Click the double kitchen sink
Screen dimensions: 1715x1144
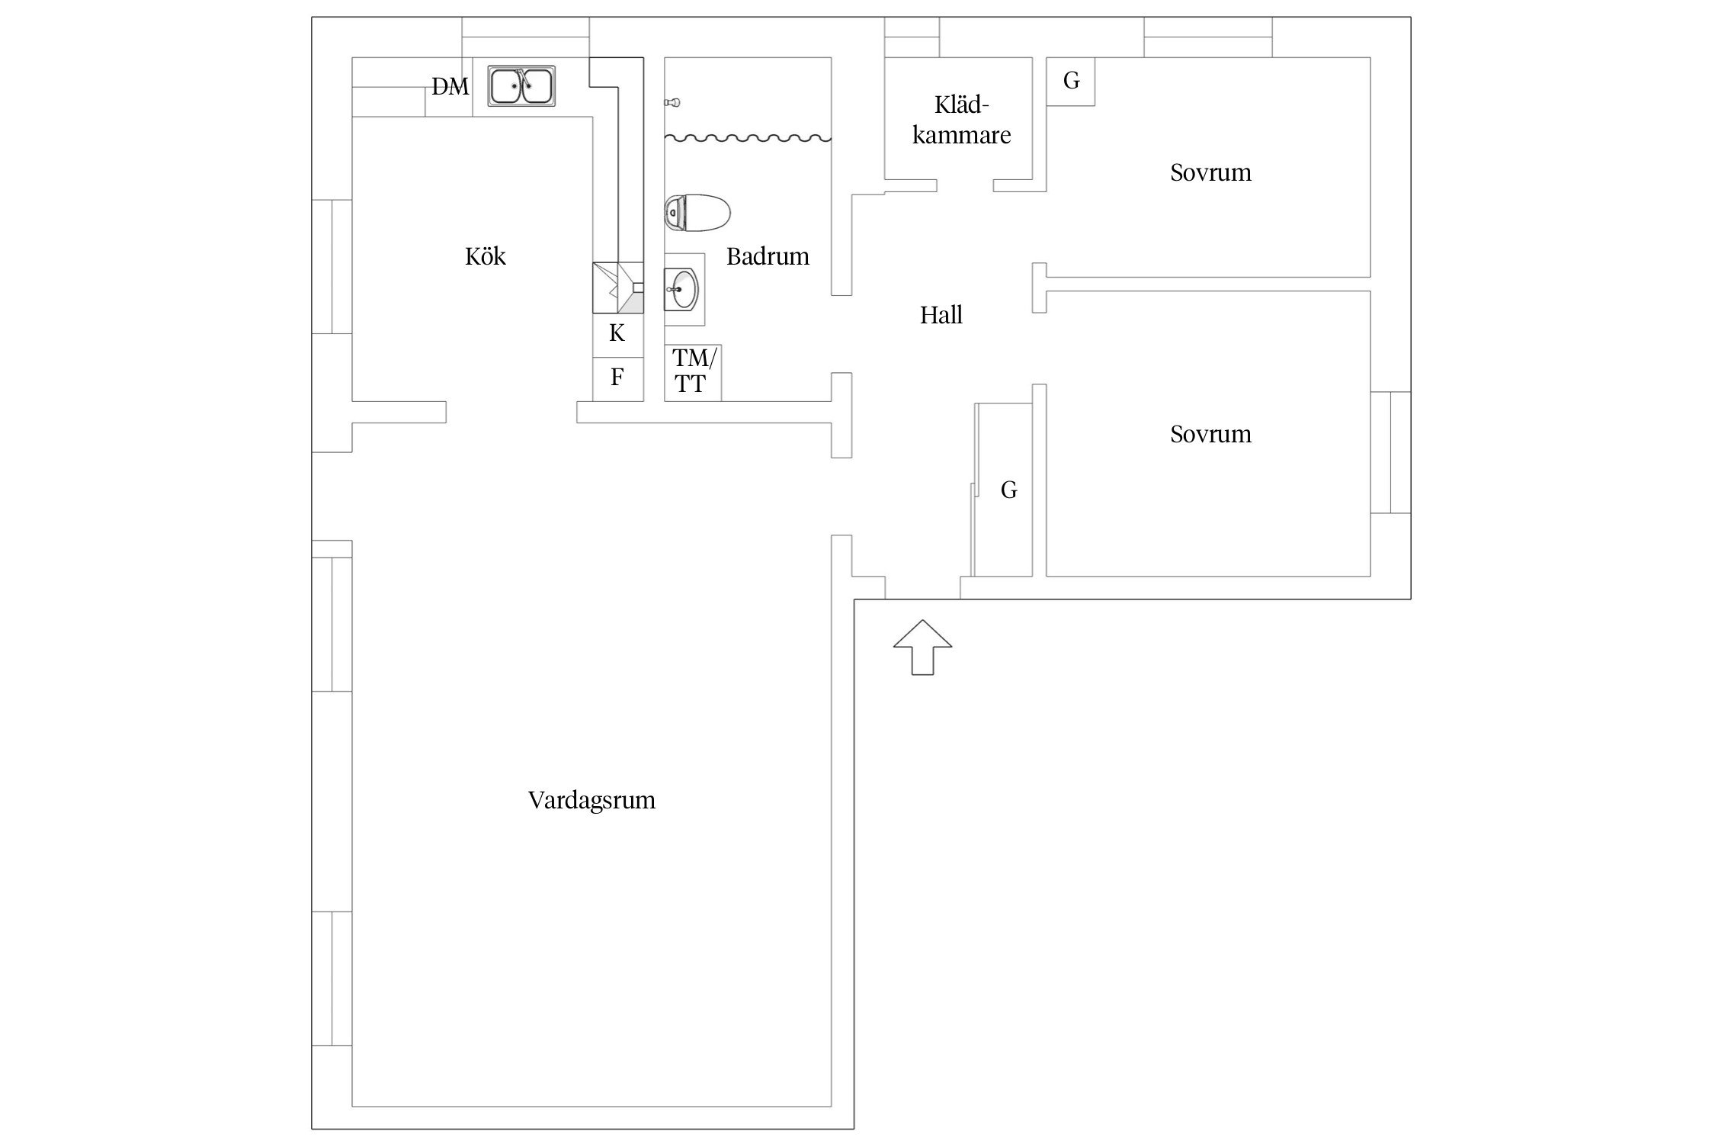[x=521, y=85]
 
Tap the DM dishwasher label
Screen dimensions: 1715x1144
[x=450, y=87]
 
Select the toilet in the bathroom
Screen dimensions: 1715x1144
[x=697, y=213]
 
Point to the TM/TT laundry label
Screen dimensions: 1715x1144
[x=694, y=370]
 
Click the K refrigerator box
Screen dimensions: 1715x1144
[x=617, y=333]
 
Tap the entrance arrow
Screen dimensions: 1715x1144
[x=922, y=647]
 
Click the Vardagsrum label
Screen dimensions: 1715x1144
[x=591, y=800]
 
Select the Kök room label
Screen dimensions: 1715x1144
[x=486, y=255]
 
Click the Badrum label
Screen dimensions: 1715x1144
[x=768, y=256]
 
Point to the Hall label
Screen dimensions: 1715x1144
[x=941, y=315]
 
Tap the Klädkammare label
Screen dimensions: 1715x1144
[x=962, y=120]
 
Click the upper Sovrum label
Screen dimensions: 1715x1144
[x=1210, y=172]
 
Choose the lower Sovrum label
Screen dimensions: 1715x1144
[x=1210, y=434]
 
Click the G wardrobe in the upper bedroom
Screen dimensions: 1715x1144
[x=1071, y=81]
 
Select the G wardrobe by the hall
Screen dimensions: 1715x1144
[x=1003, y=489]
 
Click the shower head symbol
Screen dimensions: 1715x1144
[x=672, y=101]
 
